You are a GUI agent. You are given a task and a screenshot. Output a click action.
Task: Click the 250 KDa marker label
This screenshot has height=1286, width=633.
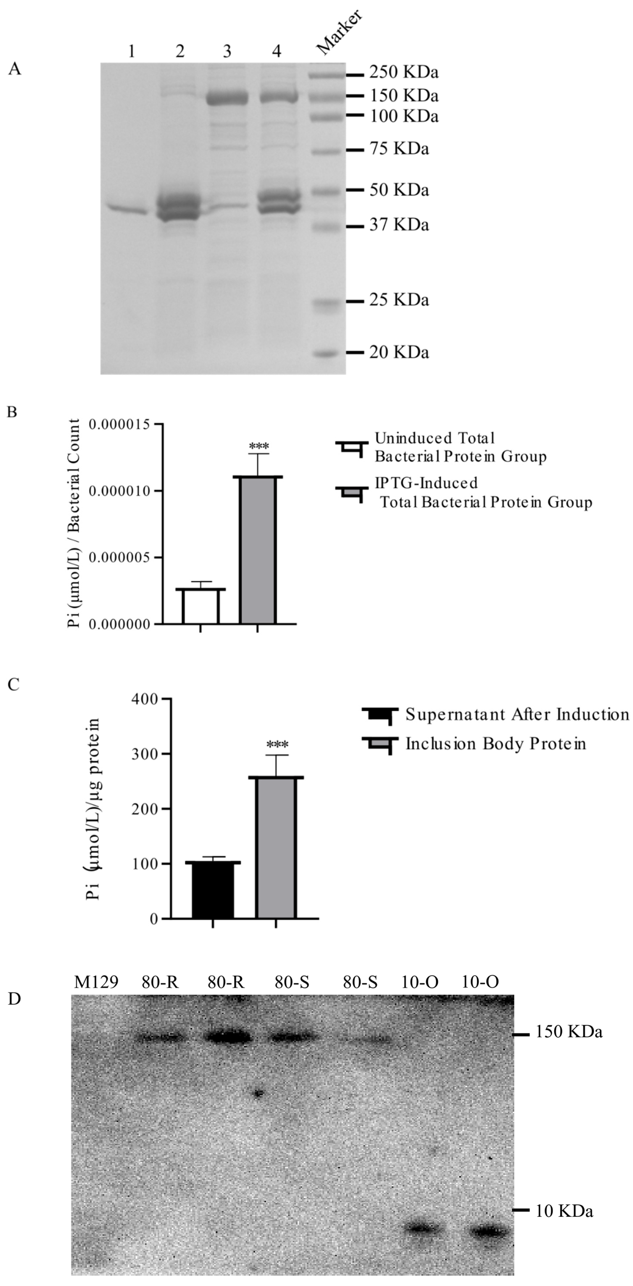click(403, 73)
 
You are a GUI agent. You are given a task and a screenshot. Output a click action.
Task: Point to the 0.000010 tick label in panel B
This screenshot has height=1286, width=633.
click(119, 491)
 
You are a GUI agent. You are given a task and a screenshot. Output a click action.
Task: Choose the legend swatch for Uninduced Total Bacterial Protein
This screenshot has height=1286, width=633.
click(352, 447)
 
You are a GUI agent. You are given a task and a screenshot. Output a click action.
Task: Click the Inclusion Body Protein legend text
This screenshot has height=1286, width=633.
click(495, 744)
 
